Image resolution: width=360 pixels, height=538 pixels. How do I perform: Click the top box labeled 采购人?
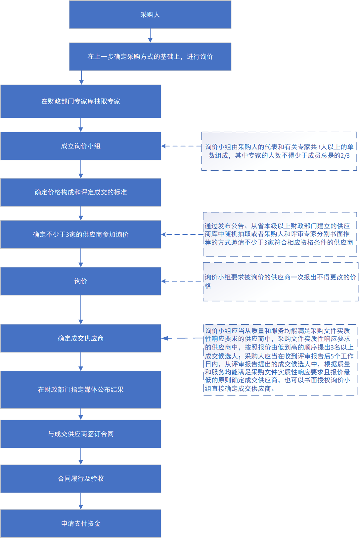click(150, 15)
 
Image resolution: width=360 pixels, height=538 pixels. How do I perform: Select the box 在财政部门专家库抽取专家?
click(81, 101)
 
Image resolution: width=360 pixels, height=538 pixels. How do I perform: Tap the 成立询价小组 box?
click(81, 146)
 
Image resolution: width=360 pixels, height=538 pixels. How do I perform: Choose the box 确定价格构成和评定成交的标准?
click(81, 192)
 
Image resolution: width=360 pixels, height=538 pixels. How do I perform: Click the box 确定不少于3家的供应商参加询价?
click(81, 234)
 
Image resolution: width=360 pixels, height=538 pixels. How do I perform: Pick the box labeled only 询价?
click(81, 281)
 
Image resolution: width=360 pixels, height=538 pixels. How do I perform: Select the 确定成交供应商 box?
click(81, 338)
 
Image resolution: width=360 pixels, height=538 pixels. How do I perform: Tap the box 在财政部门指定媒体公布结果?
click(81, 390)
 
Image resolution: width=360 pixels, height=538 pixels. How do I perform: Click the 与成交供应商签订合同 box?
click(81, 434)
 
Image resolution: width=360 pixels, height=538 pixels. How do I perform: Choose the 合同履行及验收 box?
click(81, 478)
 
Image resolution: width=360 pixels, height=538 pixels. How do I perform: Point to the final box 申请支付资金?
click(81, 523)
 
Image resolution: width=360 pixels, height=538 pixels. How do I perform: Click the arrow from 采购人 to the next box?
click(150, 35)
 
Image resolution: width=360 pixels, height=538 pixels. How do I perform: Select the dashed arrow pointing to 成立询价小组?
click(181, 146)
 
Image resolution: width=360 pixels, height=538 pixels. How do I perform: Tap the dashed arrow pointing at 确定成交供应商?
click(182, 338)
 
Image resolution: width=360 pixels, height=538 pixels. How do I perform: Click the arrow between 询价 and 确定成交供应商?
click(81, 310)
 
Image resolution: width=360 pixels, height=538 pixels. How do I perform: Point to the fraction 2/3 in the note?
click(345, 156)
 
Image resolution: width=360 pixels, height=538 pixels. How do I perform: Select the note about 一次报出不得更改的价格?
click(280, 281)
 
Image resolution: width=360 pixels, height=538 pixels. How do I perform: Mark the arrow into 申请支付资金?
click(81, 501)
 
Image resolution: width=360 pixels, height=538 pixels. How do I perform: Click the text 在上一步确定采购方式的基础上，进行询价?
click(150, 57)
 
